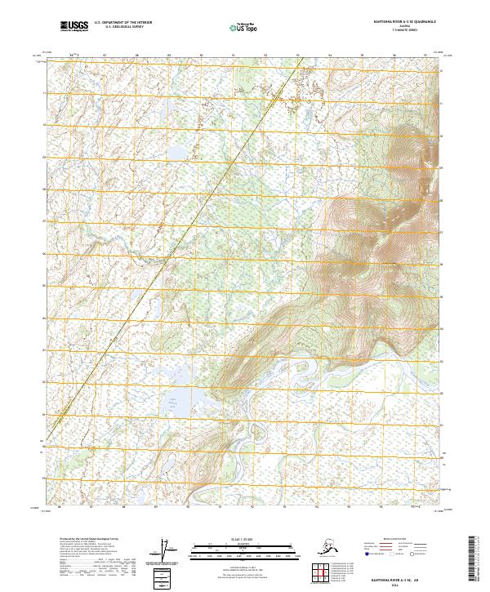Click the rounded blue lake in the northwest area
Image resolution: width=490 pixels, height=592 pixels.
tap(176, 153)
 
